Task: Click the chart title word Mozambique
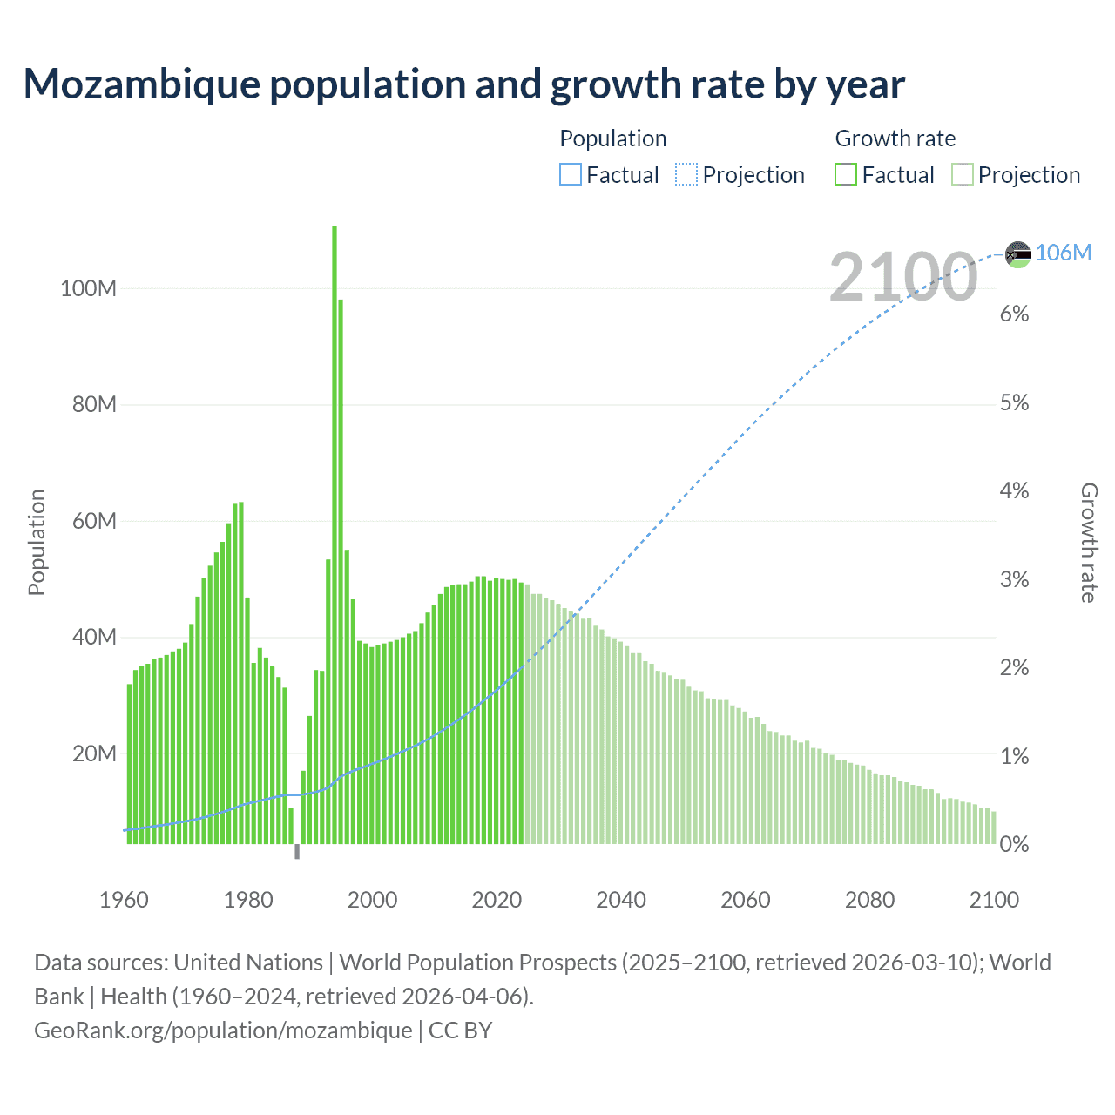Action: click(142, 84)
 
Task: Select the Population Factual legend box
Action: click(570, 175)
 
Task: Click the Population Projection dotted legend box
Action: click(686, 175)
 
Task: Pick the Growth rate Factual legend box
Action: click(846, 175)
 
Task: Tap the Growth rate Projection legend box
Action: click(963, 175)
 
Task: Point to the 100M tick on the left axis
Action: click(88, 288)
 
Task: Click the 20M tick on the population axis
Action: click(93, 753)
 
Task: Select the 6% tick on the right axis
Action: click(1014, 314)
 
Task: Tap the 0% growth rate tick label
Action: click(1014, 844)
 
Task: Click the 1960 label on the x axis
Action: click(124, 900)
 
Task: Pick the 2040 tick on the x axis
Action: click(621, 900)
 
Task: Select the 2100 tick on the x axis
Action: click(994, 900)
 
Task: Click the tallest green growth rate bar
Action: click(334, 523)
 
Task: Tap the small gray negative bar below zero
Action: click(297, 851)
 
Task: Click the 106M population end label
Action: click(1064, 253)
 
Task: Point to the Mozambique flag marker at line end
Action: click(1017, 253)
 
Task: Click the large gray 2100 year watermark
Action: click(903, 277)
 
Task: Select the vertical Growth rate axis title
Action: click(1089, 542)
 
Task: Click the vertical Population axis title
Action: click(37, 542)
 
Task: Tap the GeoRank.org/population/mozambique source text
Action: click(223, 1031)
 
